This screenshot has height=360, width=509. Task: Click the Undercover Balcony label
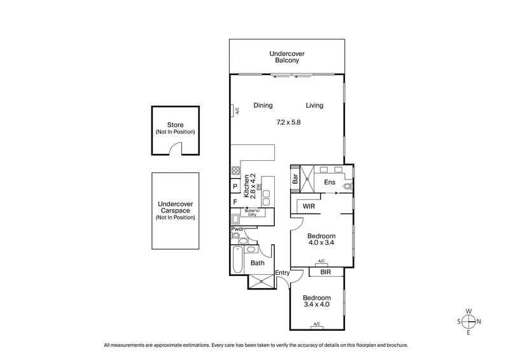pyautogui.click(x=287, y=57)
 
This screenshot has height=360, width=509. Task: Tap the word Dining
pyautogui.click(x=263, y=106)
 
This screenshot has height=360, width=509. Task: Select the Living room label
pyautogui.click(x=314, y=106)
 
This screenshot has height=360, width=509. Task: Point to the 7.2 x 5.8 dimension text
pyautogui.click(x=288, y=121)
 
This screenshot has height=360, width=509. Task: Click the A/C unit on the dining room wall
pyautogui.click(x=235, y=110)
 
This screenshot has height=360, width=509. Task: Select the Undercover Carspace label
pyautogui.click(x=175, y=211)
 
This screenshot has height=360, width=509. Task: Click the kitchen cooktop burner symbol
pyautogui.click(x=235, y=170)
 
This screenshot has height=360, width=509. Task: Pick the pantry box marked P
pyautogui.click(x=235, y=187)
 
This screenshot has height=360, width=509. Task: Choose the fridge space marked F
pyautogui.click(x=235, y=202)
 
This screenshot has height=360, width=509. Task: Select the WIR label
pyautogui.click(x=309, y=207)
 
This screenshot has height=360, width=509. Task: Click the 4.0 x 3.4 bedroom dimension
pyautogui.click(x=321, y=242)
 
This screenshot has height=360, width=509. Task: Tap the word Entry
pyautogui.click(x=282, y=273)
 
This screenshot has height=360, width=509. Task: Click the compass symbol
pyautogui.click(x=468, y=321)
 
